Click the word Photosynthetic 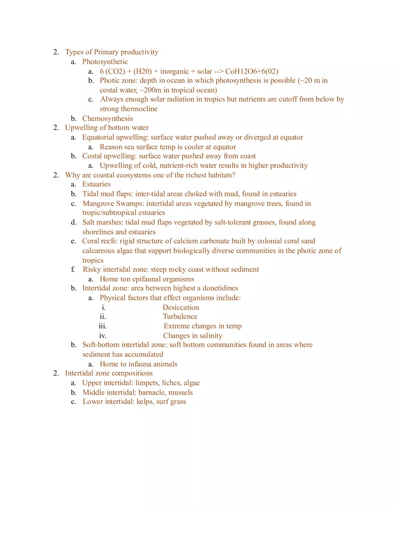tap(105, 62)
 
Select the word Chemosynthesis tap(107, 118)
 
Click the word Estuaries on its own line tap(96, 184)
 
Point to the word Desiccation tap(180, 308)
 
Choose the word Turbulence tap(180, 316)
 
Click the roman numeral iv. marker tap(103, 336)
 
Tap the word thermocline tap(139, 109)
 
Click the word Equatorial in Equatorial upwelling tap(98, 137)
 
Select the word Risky tap(92, 269)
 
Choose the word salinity tap(211, 336)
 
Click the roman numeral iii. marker tap(103, 326)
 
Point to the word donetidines tap(217, 288)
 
